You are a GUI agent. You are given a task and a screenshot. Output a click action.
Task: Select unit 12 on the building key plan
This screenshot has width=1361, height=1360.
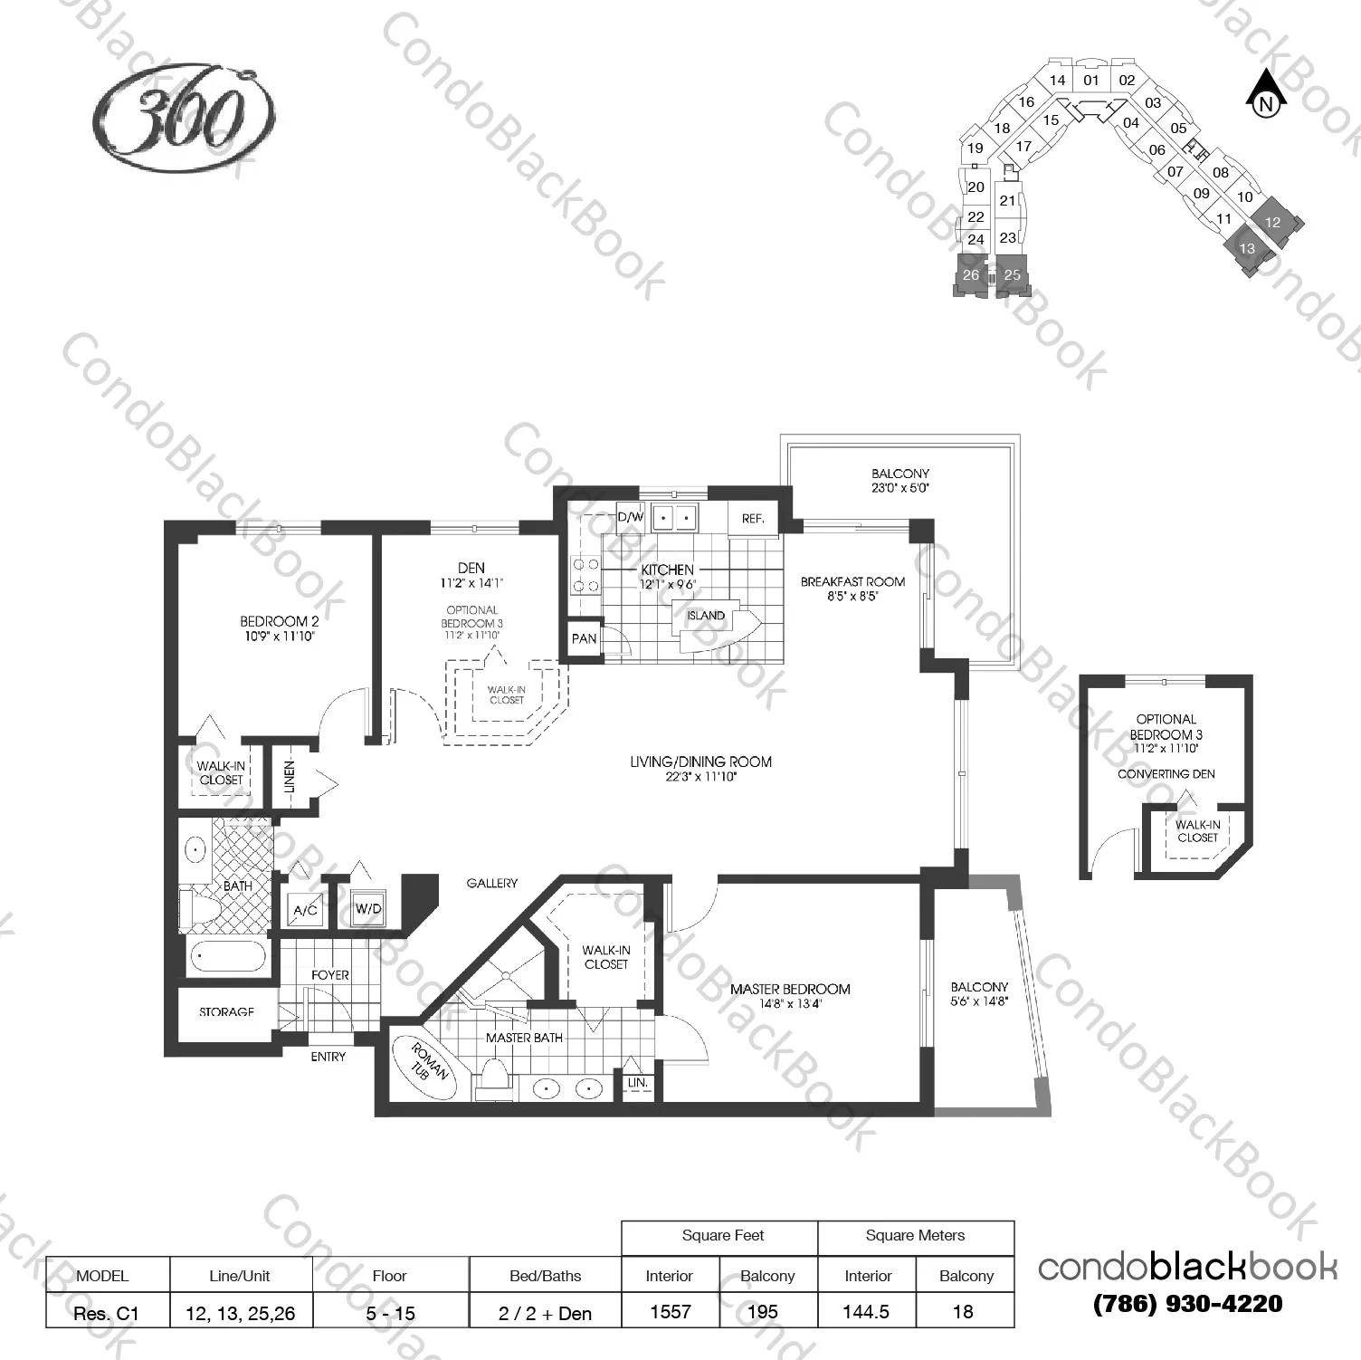1273,221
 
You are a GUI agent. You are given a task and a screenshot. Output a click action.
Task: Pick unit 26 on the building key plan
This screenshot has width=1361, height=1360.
971,274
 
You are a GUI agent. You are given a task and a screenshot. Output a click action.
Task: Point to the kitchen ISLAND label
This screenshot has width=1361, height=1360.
706,616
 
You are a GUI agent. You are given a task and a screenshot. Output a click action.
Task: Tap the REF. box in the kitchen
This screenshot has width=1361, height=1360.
753,519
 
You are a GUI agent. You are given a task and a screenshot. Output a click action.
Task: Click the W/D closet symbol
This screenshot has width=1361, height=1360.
367,908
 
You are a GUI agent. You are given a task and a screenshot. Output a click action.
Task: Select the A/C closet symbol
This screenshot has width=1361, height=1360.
305,909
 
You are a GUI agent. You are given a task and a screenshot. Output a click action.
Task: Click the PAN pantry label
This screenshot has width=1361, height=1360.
584,638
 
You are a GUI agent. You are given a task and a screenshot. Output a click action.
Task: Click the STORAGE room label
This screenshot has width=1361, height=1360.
226,1011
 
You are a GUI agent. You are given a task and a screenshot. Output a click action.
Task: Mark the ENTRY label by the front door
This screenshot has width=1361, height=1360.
328,1057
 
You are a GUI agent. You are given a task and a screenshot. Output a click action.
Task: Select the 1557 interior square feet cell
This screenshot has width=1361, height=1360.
670,1312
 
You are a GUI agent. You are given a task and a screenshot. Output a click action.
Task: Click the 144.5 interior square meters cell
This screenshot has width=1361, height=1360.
866,1312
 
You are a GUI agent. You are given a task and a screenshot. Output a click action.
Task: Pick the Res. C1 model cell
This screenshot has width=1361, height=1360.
106,1313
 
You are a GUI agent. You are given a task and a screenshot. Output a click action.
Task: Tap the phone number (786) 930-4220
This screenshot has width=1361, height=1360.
1187,1305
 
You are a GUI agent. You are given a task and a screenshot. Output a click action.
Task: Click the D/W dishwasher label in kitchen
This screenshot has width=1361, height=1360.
630,517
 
